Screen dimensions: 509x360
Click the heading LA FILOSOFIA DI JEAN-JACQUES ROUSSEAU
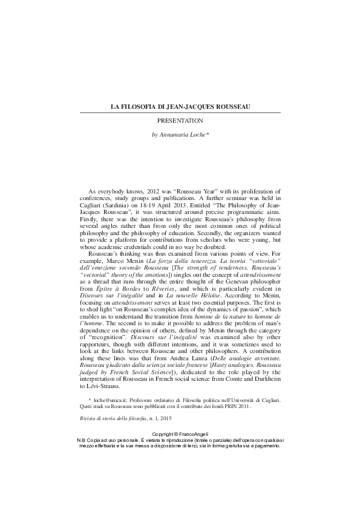180,107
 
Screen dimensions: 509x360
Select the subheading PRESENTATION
180,121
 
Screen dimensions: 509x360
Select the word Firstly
90,222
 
